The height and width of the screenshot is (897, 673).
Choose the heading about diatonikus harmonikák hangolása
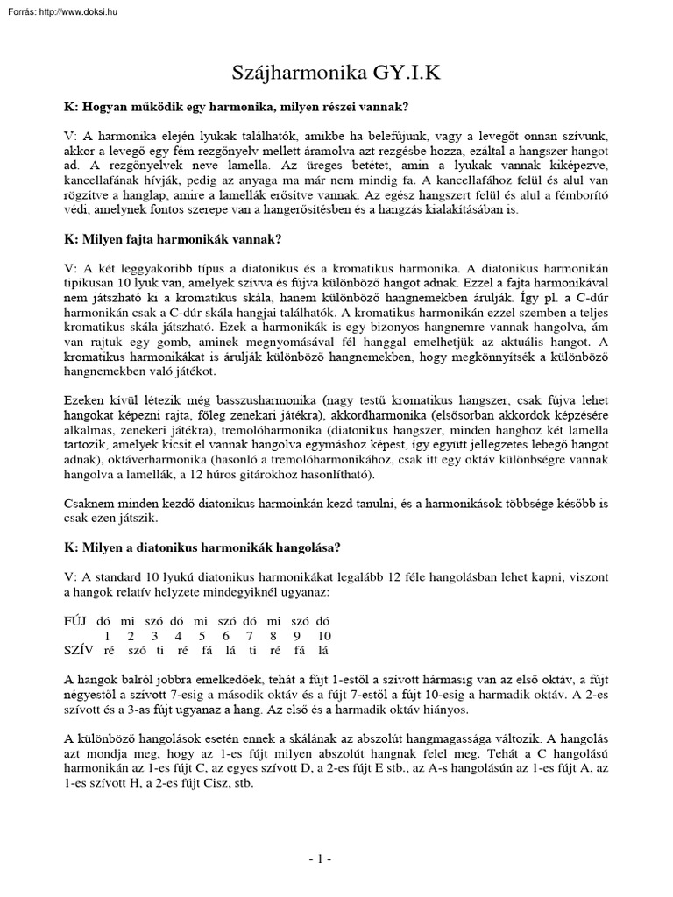pyautogui.click(x=202, y=547)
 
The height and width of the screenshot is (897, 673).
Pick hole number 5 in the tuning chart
pyautogui.click(x=202, y=635)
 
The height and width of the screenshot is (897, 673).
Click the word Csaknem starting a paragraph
pyautogui.click(x=92, y=504)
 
